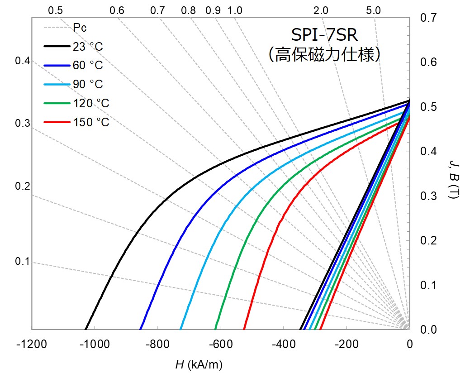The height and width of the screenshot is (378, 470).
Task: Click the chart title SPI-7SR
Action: pyautogui.click(x=324, y=35)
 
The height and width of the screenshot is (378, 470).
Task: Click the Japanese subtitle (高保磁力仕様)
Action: pyautogui.click(x=324, y=55)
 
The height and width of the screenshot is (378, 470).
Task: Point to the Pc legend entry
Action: pyautogui.click(x=80, y=28)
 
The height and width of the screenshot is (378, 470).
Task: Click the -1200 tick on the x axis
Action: pyautogui.click(x=32, y=344)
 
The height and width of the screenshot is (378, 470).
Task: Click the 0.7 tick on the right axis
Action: pyautogui.click(x=428, y=18)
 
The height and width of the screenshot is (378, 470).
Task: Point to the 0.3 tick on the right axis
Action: pyautogui.click(x=428, y=196)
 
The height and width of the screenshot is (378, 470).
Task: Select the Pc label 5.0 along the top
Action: pyautogui.click(x=374, y=10)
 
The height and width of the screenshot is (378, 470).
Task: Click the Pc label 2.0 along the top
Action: pyautogui.click(x=321, y=10)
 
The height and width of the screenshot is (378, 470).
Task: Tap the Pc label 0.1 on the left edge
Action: pyautogui.click(x=22, y=262)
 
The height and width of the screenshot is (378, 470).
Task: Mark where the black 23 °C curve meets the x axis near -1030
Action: pyautogui.click(x=85, y=329)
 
